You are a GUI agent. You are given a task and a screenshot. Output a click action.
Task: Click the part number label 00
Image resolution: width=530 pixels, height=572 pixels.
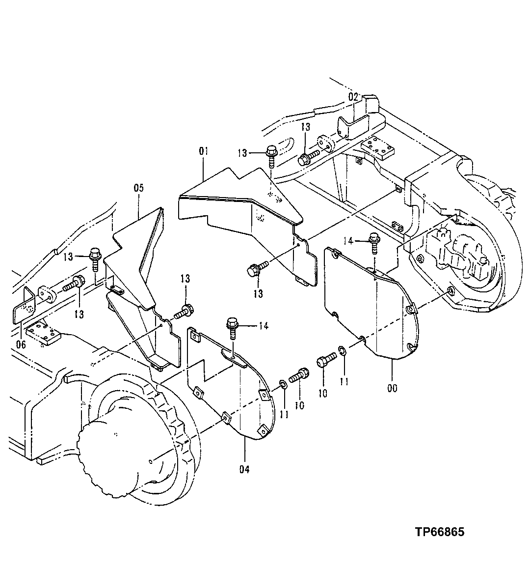392,388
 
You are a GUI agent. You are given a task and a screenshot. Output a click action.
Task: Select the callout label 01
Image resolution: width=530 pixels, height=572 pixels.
204,151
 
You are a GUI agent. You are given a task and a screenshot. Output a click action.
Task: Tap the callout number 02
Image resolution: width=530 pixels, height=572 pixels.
354,96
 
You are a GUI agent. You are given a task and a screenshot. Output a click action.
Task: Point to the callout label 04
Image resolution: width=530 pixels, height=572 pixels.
244,469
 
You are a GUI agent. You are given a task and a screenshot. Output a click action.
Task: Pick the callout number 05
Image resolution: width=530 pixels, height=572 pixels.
139,187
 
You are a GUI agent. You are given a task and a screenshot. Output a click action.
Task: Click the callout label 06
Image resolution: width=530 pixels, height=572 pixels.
21,344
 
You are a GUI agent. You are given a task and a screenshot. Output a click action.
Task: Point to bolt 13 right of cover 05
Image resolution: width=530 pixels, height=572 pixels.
185,311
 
